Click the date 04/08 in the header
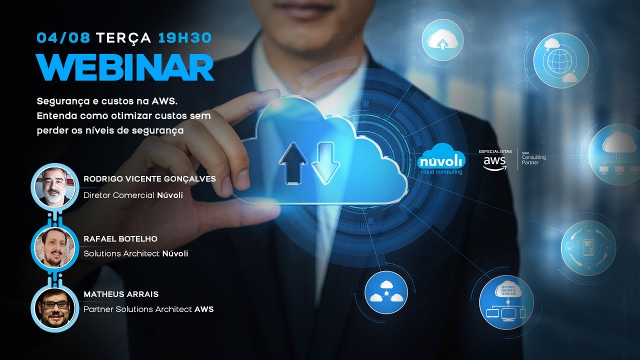tap(63, 38)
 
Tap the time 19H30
tap(185, 38)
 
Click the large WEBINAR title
tap(125, 67)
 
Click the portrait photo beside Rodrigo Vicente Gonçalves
tap(54, 187)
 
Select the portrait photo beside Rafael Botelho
tap(54, 247)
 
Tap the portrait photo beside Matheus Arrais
tap(54, 307)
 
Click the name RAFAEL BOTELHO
tap(120, 239)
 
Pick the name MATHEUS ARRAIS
tap(121, 294)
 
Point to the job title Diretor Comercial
tap(119, 195)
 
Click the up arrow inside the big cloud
tap(293, 163)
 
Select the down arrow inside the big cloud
tap(325, 163)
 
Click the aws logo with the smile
tap(494, 163)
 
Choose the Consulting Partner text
tap(533, 159)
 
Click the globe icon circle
tap(561, 60)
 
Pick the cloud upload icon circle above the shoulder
tap(442, 40)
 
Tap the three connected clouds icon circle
tap(386, 292)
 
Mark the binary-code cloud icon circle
tap(506, 302)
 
